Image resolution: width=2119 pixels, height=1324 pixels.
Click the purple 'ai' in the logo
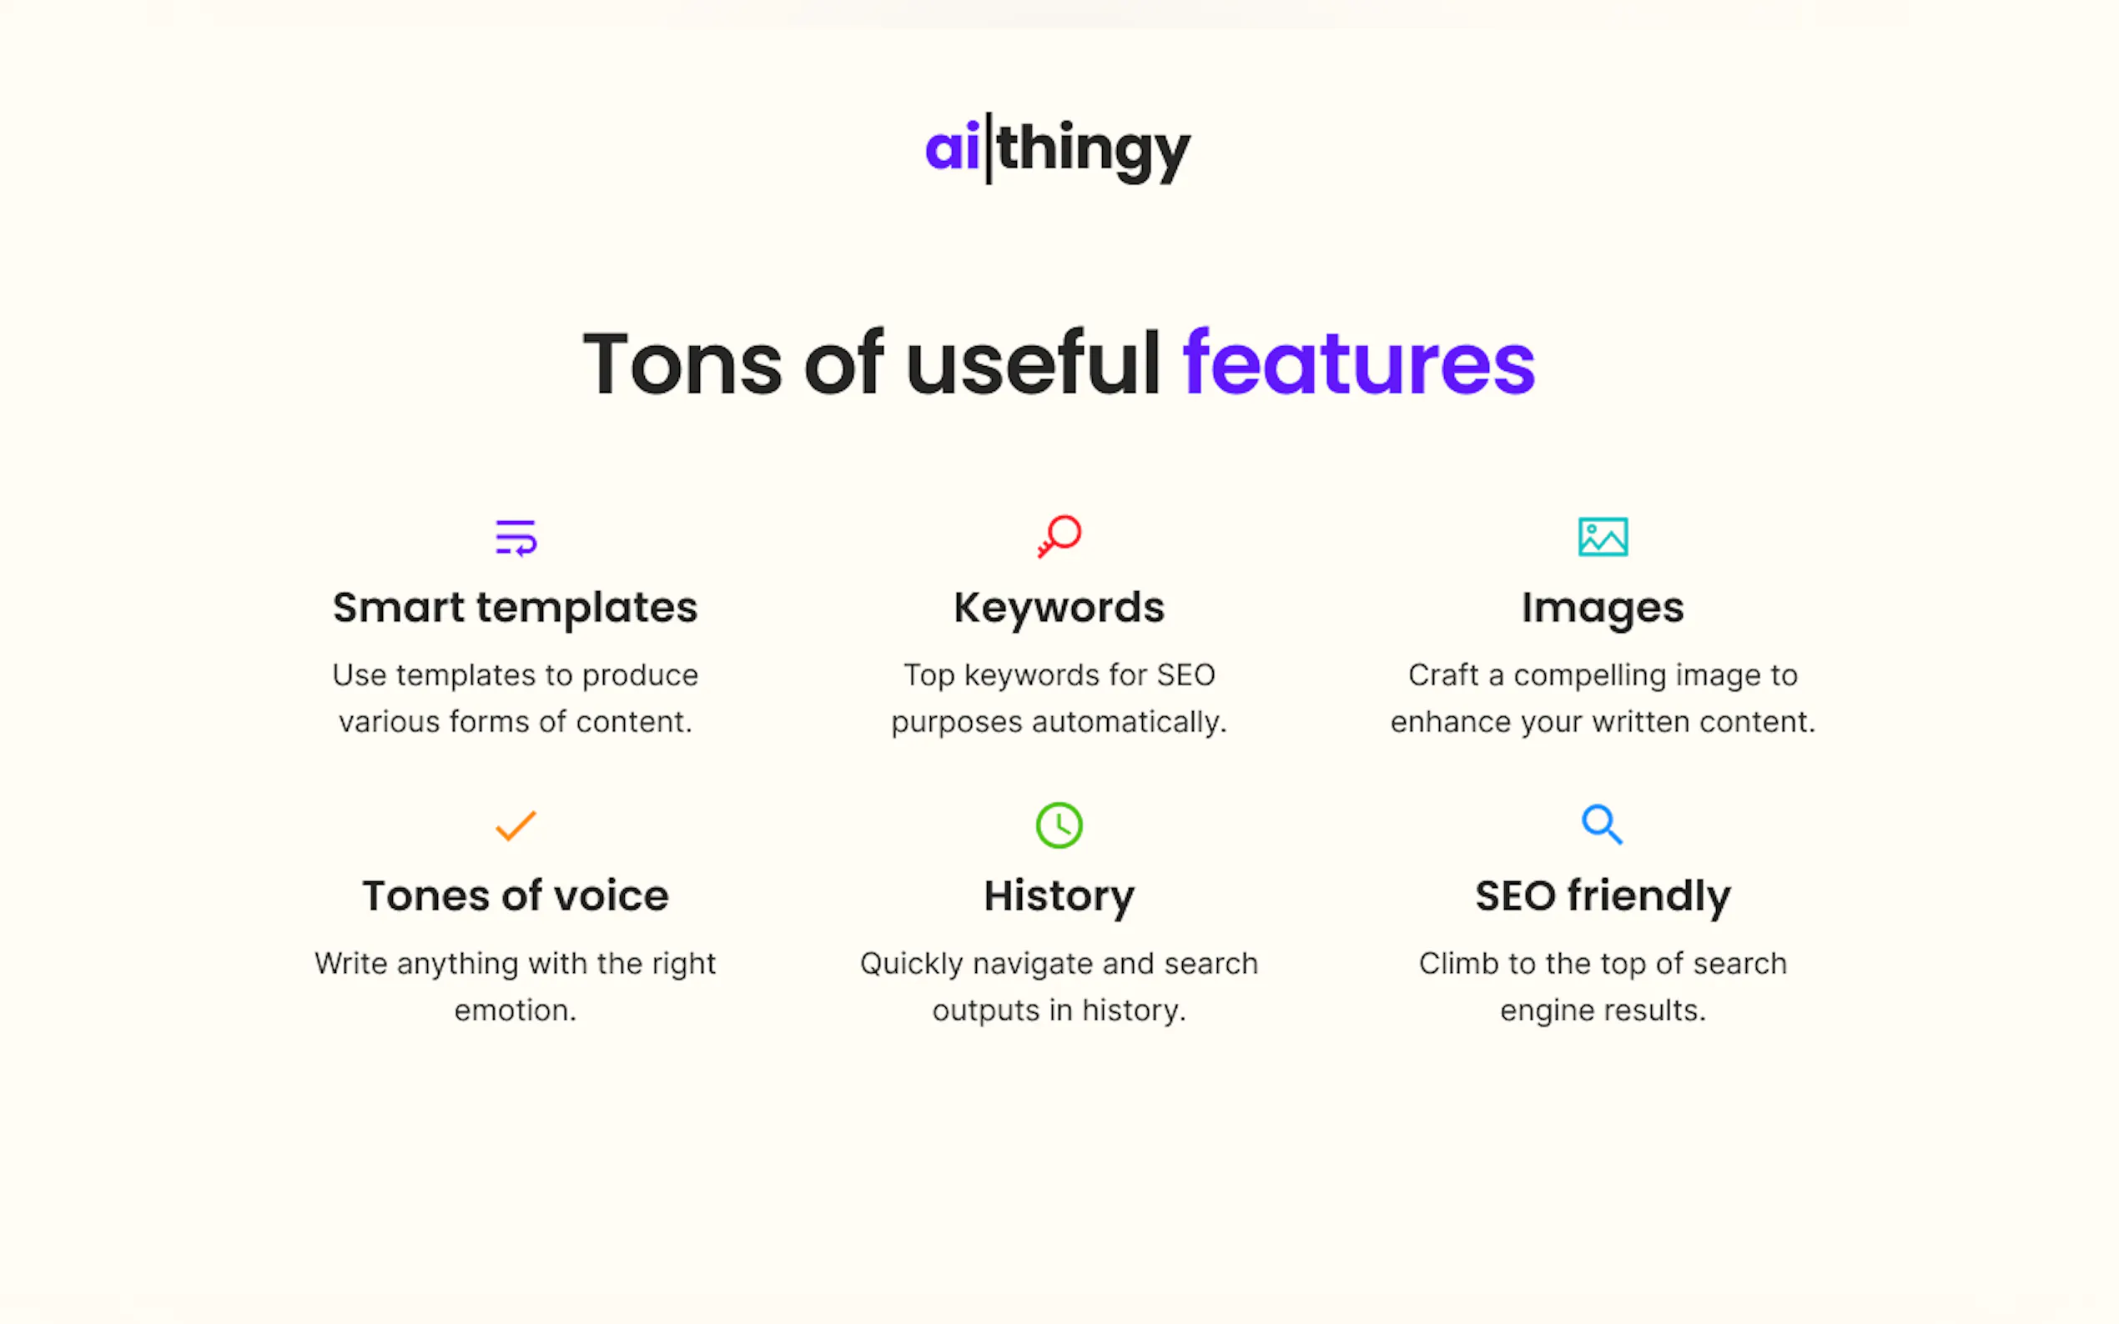[x=952, y=147]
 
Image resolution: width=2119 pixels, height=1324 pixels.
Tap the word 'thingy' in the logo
[x=1093, y=151]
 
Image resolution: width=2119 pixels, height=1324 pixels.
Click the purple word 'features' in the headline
[x=1359, y=363]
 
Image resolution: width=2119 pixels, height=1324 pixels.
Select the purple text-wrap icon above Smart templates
[x=516, y=538]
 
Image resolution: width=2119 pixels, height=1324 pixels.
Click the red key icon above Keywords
[x=1059, y=536]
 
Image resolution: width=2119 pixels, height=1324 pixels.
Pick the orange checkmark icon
[x=516, y=825]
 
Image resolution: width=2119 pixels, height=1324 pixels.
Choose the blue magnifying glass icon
[x=1602, y=825]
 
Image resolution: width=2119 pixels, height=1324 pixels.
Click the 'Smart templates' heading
[x=515, y=608]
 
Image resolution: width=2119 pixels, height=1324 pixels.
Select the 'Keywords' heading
[x=1059, y=608]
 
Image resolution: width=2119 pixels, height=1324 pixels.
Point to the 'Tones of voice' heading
[x=515, y=895]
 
